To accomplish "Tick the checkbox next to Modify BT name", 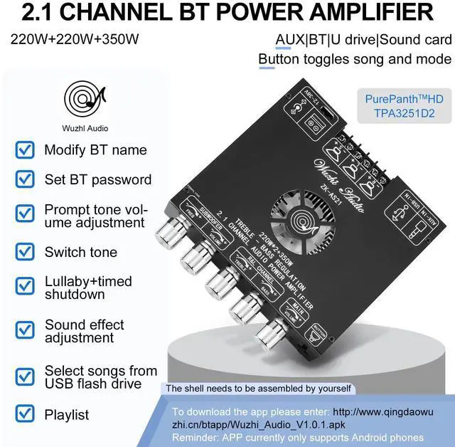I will click(25, 150).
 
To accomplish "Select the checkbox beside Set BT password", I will click(25, 180).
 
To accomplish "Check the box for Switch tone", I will click(25, 252).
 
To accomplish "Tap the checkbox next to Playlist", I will click(25, 414).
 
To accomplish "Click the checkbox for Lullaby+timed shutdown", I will click(25, 288).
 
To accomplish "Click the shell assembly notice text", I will click(258, 388).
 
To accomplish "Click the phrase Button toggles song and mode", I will click(354, 59).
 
